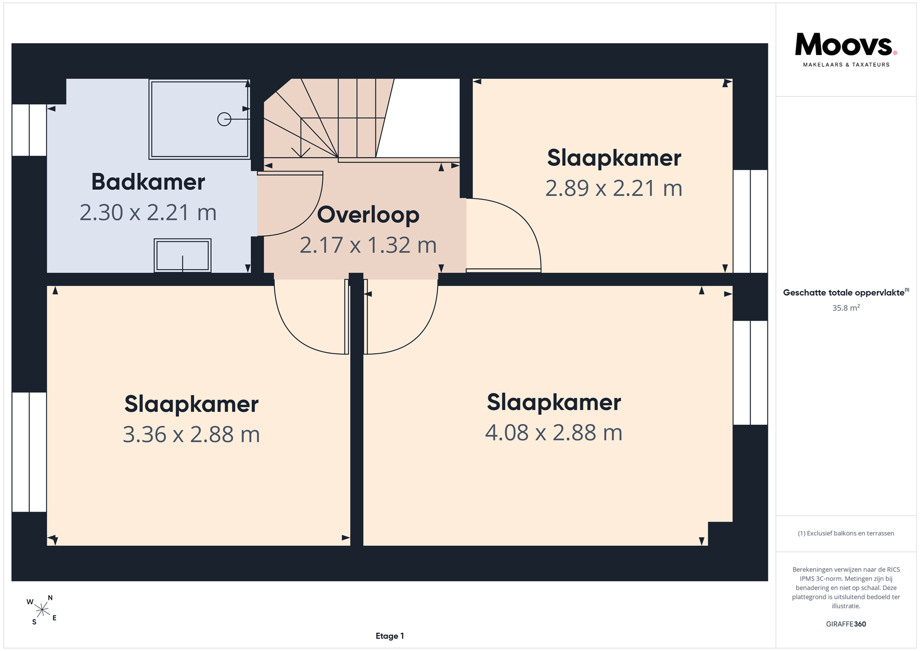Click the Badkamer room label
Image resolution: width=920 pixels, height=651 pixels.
coord(148,182)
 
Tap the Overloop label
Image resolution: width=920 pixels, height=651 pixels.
coord(368,215)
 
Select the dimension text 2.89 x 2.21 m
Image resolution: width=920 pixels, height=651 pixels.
coord(614,188)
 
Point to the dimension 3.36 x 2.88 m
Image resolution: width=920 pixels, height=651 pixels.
coord(191,434)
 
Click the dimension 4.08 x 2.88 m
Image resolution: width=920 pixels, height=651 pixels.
coord(553,432)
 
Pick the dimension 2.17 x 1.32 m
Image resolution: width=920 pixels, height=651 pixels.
coord(368,245)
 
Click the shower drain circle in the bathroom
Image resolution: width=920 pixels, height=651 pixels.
coord(224,119)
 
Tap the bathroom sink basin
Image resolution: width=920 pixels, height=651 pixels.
coord(183,256)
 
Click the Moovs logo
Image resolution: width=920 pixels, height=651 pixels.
coord(846,45)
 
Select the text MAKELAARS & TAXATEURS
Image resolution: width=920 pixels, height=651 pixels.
coord(846,65)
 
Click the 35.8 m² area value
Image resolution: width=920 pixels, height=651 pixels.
coord(846,308)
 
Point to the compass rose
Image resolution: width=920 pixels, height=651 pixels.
coord(42,610)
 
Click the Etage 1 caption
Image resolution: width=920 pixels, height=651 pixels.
coord(390,636)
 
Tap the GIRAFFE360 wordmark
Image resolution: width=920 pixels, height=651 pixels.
coord(846,624)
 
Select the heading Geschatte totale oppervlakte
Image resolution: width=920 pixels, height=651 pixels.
coord(844,292)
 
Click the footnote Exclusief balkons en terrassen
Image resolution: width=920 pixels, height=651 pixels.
coord(846,533)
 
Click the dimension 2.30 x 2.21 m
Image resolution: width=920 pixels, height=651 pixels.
coord(148,213)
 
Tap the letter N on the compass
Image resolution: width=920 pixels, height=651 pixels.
coord(50,598)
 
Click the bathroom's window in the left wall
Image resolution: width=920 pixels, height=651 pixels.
coord(29,130)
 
